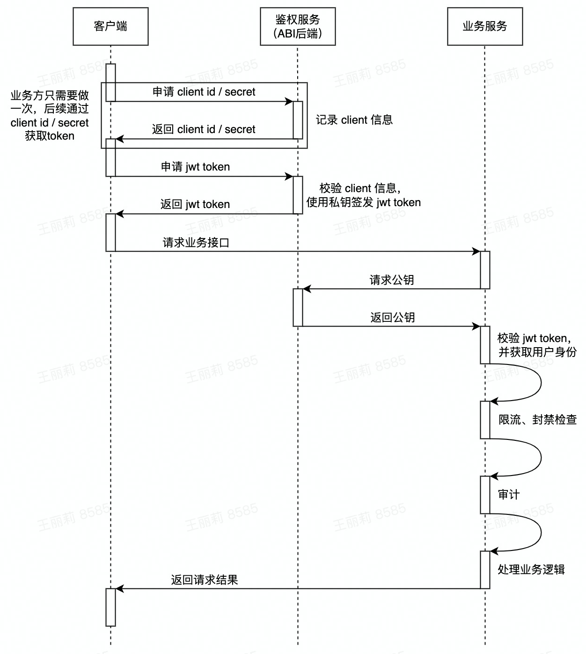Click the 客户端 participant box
tap(110, 26)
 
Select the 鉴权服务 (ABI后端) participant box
tap(298, 26)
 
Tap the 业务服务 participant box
tap(485, 26)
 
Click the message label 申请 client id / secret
tap(204, 92)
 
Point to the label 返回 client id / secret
tap(204, 129)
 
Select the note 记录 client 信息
tap(354, 120)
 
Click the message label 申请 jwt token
tap(195, 167)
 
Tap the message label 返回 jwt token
tap(195, 204)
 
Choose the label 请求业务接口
tap(196, 243)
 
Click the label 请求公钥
tap(392, 280)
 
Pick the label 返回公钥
tap(392, 318)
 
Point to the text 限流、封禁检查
tap(537, 420)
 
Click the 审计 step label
tap(508, 495)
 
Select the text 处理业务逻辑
tap(531, 570)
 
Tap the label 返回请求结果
tap(205, 580)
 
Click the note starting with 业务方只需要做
tap(50, 116)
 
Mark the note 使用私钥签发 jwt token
tap(364, 202)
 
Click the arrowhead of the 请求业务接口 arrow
tap(476, 252)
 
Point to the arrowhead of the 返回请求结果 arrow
tap(119, 588)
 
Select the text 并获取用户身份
tap(537, 352)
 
